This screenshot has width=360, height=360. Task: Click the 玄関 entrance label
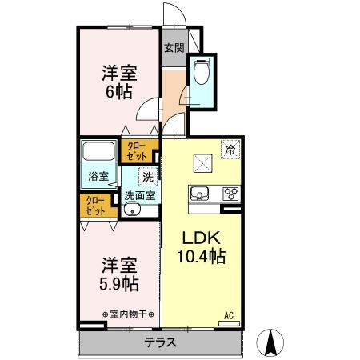[x=174, y=48]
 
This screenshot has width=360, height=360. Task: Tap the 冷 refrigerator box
[x=230, y=149]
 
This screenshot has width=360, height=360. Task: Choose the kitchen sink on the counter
[x=200, y=192]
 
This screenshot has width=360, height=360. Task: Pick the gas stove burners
[x=230, y=192]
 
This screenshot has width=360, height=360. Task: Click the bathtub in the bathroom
[x=99, y=152]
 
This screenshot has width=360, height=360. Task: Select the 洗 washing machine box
[x=147, y=177]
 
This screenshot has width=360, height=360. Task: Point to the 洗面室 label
[x=139, y=194]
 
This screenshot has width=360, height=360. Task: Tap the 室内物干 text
[x=129, y=314]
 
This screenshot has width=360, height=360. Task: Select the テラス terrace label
[x=161, y=342]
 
